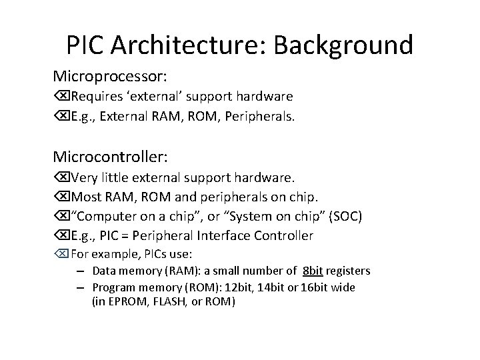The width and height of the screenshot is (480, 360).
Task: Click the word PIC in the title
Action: [87, 45]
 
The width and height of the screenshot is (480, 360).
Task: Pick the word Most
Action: [85, 198]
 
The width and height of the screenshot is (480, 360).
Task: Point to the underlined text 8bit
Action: [313, 271]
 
